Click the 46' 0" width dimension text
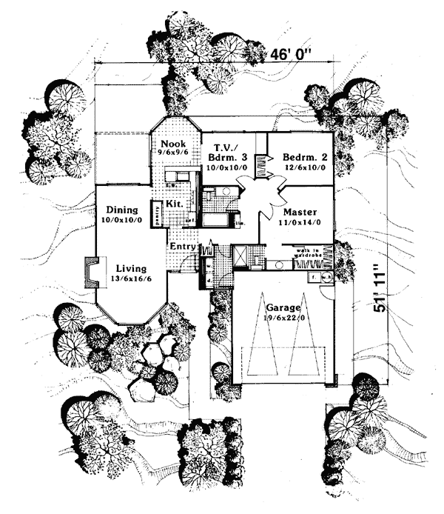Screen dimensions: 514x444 coord(293,55)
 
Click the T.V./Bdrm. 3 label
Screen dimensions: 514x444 coord(226,153)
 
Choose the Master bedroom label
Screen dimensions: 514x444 coord(297,211)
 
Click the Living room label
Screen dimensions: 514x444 coord(129,267)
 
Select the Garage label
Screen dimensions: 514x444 coord(283,306)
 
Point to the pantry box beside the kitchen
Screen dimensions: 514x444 coord(157,211)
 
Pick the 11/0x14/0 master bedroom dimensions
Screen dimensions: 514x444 coord(297,221)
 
